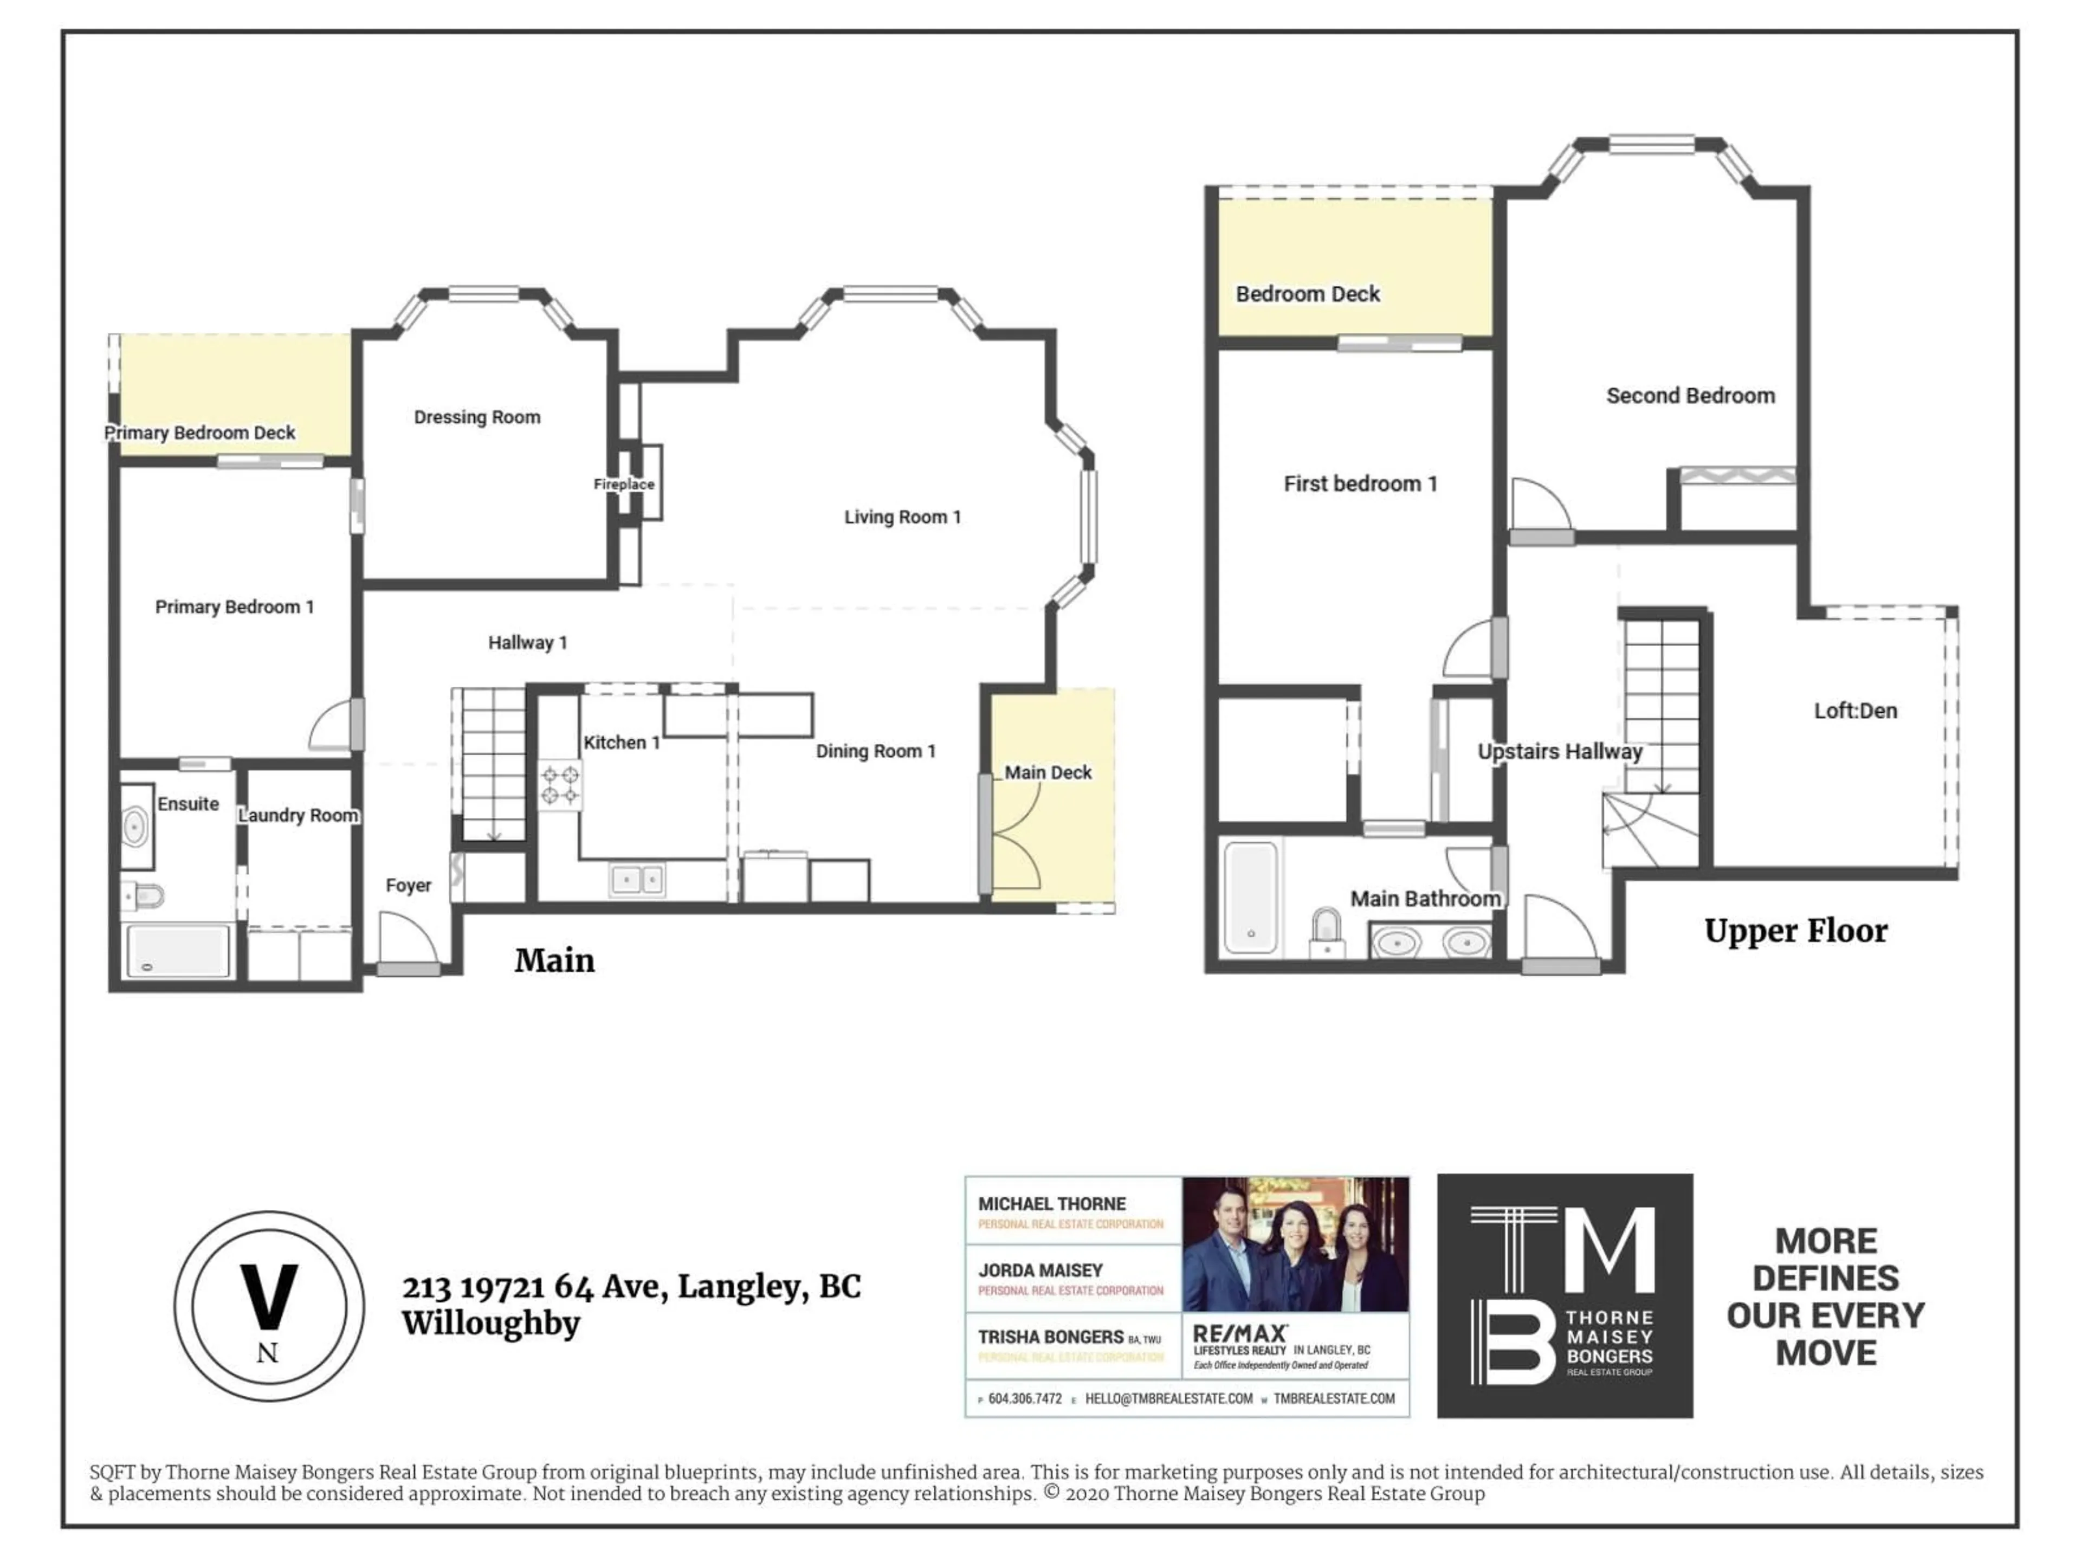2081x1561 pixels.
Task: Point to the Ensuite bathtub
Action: point(178,950)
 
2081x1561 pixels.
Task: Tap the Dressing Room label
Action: point(477,417)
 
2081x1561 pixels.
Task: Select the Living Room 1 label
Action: point(901,517)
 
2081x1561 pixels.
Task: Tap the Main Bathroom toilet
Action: point(1326,932)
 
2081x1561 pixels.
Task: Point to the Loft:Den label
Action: point(1854,711)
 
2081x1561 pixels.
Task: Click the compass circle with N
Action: point(269,1306)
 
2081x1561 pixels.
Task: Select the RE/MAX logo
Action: point(1240,1334)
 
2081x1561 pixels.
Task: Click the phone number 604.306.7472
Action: point(1024,1399)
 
